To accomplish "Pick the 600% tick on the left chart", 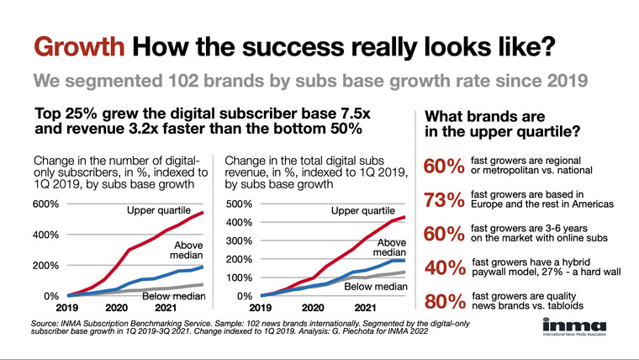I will coord(45,204).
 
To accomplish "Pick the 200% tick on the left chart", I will coord(45,266).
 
